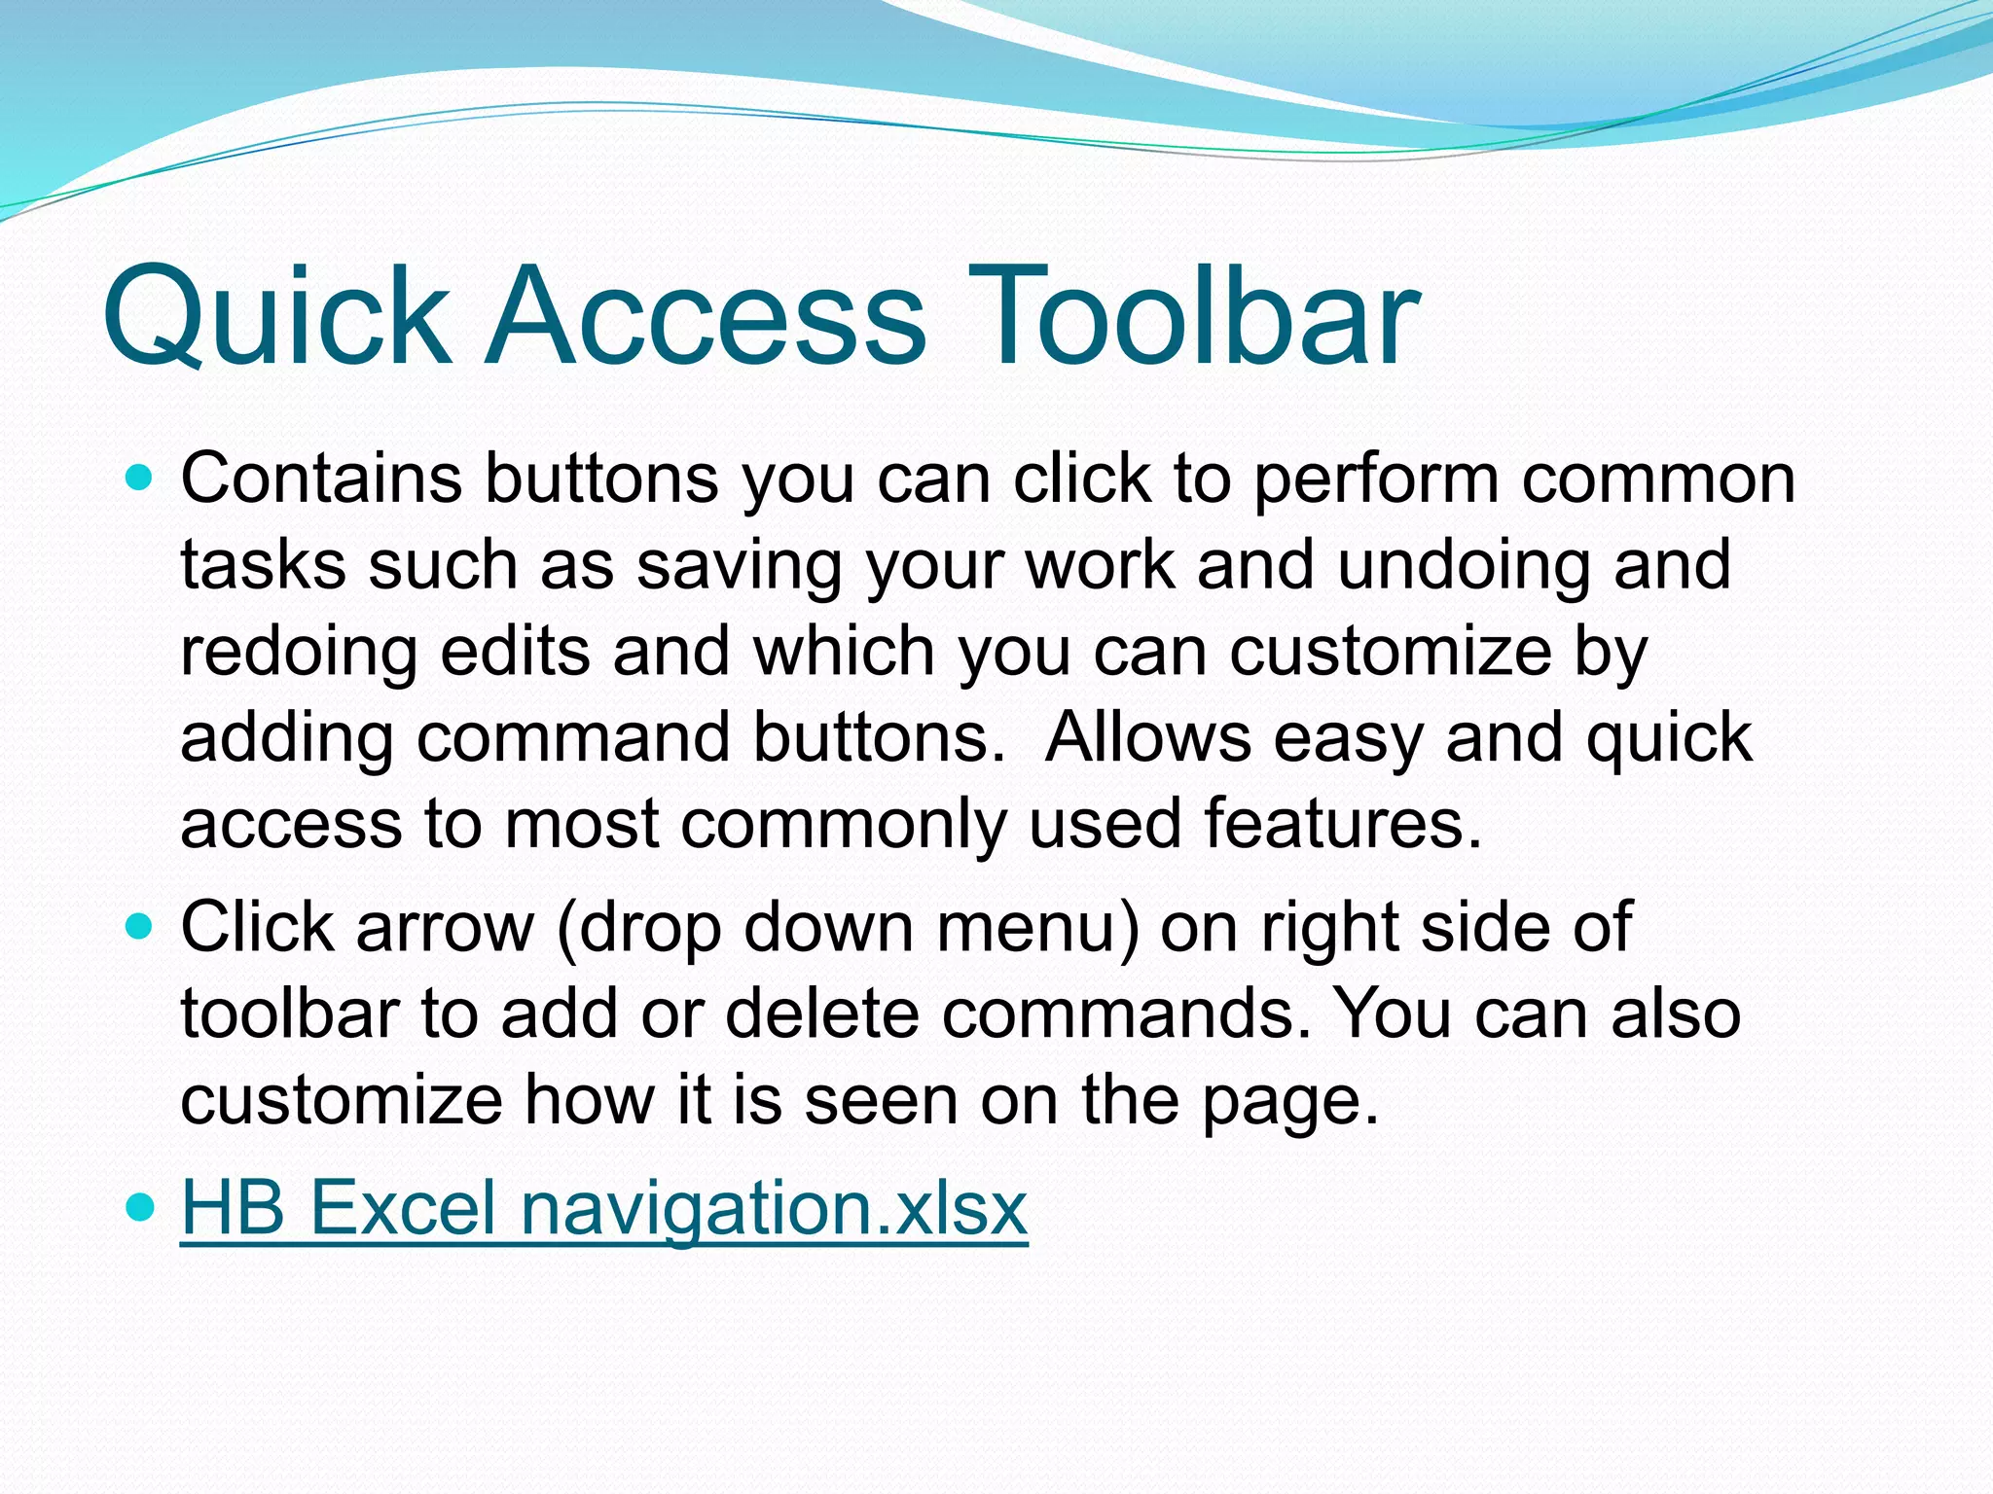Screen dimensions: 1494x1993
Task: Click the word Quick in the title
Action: point(276,316)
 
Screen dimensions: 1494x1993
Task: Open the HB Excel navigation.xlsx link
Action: point(603,1207)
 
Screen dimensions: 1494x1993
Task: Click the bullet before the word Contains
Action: point(141,478)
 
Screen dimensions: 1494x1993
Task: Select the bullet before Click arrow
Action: point(141,927)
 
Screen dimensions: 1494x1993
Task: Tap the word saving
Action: point(739,565)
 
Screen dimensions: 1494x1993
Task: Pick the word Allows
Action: point(1147,736)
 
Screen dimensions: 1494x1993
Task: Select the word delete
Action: point(821,1014)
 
